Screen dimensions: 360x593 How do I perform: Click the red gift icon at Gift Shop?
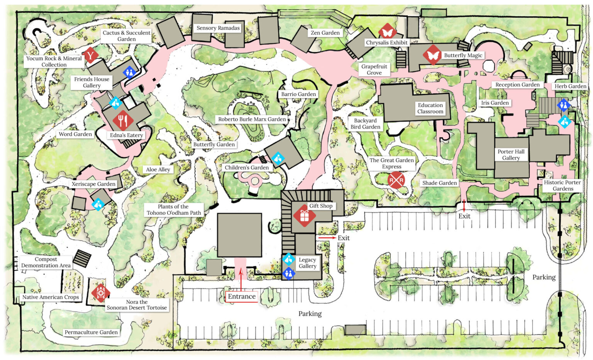pyautogui.click(x=304, y=216)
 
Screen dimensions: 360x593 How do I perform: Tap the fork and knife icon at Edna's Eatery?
pyautogui.click(x=123, y=121)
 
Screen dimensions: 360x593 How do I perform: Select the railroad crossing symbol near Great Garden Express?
pyautogui.click(x=396, y=180)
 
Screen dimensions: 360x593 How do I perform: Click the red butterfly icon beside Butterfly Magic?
pyautogui.click(x=432, y=55)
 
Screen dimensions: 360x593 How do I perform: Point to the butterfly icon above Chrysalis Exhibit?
pyautogui.click(x=387, y=32)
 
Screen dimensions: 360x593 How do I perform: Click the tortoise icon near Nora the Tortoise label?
pyautogui.click(x=100, y=293)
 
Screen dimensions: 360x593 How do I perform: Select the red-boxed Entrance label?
pyautogui.click(x=242, y=296)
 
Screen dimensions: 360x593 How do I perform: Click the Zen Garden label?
pyautogui.click(x=325, y=33)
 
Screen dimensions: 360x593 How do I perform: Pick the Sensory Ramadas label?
pyautogui.click(x=218, y=28)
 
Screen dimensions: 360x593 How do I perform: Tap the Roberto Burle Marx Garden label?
pyautogui.click(x=252, y=119)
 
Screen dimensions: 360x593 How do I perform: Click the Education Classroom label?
pyautogui.click(x=430, y=108)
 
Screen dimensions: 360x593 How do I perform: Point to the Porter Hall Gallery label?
pyautogui.click(x=511, y=155)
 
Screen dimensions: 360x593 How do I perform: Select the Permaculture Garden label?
pyautogui.click(x=91, y=332)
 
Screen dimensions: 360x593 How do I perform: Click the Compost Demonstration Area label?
pyautogui.click(x=46, y=262)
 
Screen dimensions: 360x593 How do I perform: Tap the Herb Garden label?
pyautogui.click(x=570, y=86)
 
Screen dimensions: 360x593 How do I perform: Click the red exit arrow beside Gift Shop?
pyautogui.click(x=327, y=238)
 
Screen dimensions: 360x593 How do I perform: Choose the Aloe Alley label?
pyautogui.click(x=158, y=169)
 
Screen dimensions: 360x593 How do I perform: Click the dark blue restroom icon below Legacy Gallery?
pyautogui.click(x=289, y=273)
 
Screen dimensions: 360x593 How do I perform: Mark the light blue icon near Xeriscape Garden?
pyautogui.click(x=98, y=204)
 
